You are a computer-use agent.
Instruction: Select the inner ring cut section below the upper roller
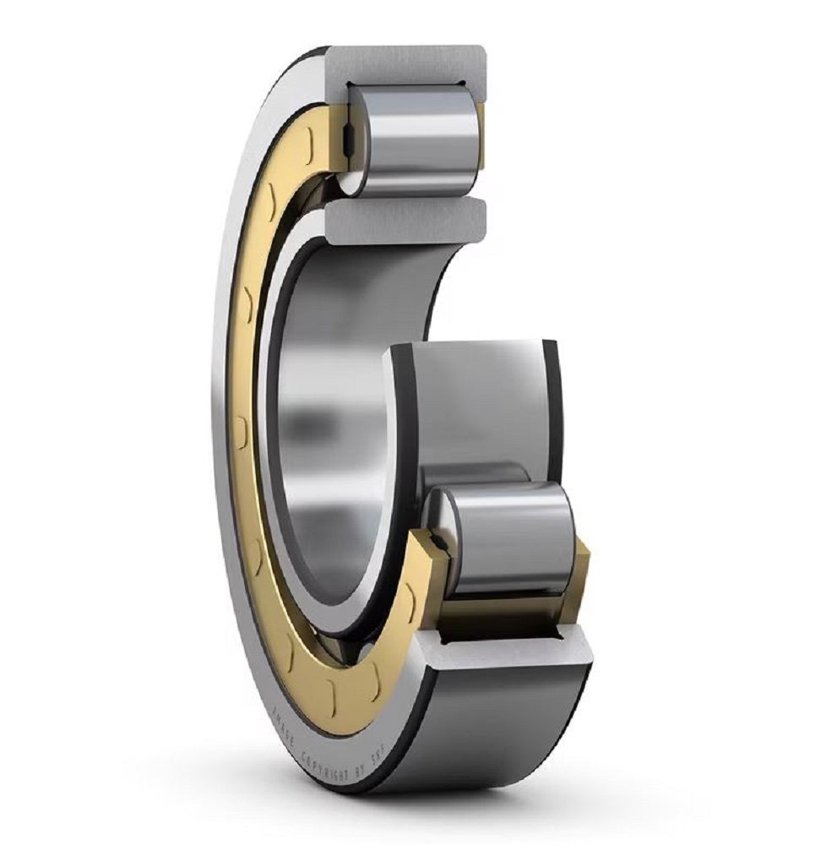[x=405, y=220]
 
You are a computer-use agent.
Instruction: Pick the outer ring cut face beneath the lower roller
[x=498, y=651]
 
